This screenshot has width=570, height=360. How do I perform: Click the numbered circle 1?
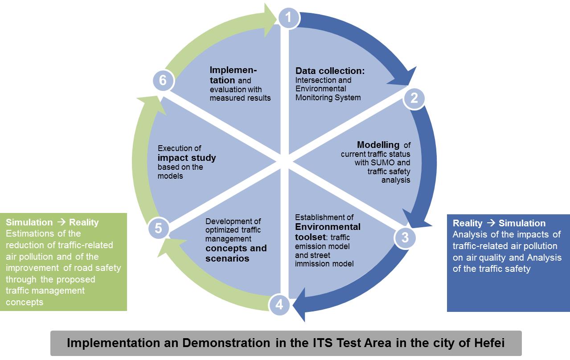(289, 18)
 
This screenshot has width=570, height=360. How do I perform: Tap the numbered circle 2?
(414, 98)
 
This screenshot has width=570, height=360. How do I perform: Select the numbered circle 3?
(405, 237)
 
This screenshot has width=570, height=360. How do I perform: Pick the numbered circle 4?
(279, 305)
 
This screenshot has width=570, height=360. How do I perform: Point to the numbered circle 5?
(158, 229)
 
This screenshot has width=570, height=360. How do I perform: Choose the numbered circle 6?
(163, 81)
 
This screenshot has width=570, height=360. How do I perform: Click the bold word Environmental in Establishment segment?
(328, 226)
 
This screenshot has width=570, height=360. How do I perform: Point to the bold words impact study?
(187, 158)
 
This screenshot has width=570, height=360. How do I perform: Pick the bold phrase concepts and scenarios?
(236, 253)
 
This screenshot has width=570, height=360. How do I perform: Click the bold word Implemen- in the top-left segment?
(233, 70)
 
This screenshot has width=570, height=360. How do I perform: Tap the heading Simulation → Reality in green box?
(52, 222)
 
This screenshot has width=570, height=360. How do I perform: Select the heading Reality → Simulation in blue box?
(499, 223)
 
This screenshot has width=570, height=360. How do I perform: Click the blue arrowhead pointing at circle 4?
(299, 305)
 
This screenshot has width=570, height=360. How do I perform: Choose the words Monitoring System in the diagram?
(328, 97)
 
